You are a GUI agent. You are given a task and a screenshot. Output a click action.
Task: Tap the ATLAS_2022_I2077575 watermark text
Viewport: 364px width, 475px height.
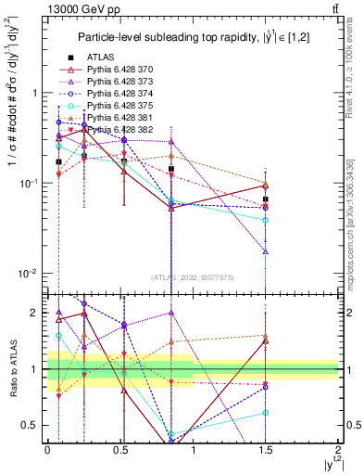click(193, 276)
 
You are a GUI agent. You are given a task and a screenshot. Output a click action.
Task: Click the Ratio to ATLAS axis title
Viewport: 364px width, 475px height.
click(14, 367)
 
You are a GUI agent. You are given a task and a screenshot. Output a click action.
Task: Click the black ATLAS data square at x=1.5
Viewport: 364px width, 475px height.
click(266, 199)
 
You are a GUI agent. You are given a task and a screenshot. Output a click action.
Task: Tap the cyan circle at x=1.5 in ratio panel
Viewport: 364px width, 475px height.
click(266, 412)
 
